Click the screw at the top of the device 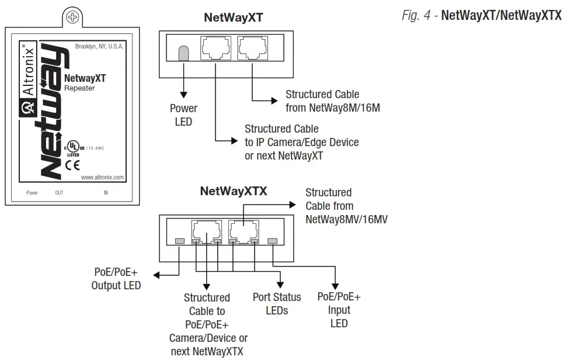72,17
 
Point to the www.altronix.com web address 102,177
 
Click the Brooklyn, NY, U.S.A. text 99,46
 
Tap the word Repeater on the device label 79,88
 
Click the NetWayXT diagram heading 233,18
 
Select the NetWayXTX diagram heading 233,191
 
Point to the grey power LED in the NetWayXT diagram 183,53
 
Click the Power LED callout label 183,115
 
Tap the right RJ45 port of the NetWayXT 253,48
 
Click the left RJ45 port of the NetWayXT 215,48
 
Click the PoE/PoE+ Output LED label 116,279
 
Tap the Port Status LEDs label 277,303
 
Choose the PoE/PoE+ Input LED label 339,310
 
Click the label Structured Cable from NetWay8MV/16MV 346,206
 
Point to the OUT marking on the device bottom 59,192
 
